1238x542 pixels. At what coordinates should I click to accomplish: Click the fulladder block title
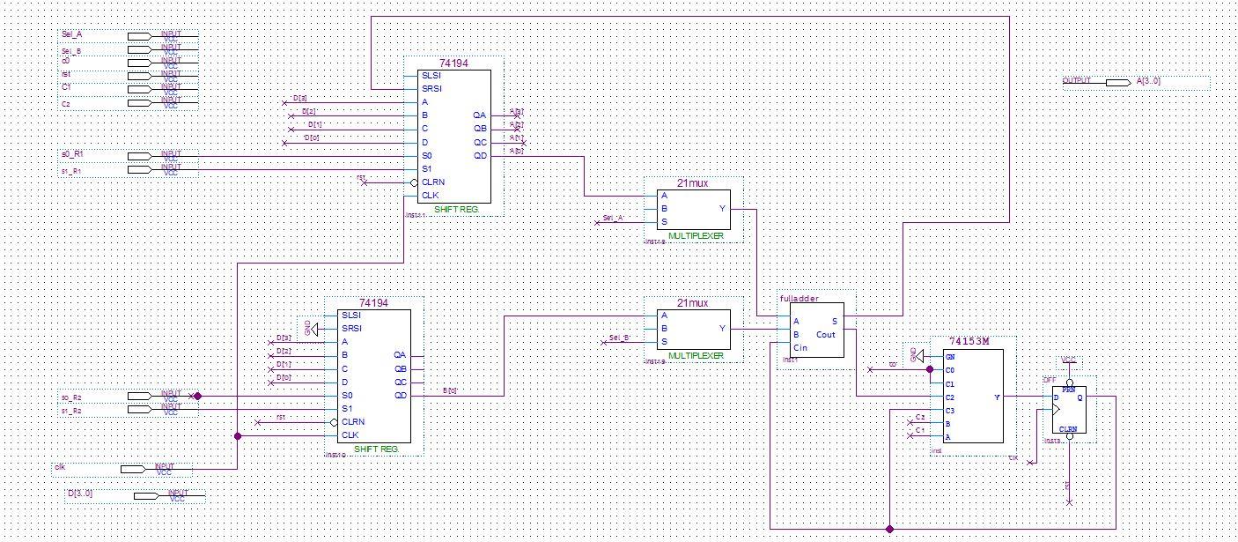tap(800, 299)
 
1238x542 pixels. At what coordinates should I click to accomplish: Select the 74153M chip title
tap(970, 341)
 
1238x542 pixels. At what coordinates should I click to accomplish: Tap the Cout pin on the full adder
tap(826, 335)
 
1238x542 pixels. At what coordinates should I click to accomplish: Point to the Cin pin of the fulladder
tap(800, 348)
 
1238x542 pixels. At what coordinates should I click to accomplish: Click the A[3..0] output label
tap(1148, 81)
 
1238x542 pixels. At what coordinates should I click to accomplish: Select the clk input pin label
tap(61, 467)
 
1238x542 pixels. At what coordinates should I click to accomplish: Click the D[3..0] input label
tap(80, 494)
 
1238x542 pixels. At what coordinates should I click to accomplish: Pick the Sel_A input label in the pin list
tap(71, 34)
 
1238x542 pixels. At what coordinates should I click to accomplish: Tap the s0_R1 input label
tap(72, 154)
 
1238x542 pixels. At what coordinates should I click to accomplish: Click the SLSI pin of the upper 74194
tap(431, 76)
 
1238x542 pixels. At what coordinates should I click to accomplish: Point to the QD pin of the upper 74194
tap(479, 156)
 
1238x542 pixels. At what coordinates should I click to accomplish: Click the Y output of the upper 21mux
tap(723, 209)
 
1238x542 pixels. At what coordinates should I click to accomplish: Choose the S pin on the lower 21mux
tap(664, 342)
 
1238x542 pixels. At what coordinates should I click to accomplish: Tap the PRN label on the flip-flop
tap(1068, 388)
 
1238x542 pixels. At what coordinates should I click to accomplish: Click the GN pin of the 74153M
tap(950, 356)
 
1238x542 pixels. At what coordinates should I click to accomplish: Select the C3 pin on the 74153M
tap(950, 411)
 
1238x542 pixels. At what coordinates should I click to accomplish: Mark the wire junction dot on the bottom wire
tap(890, 529)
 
